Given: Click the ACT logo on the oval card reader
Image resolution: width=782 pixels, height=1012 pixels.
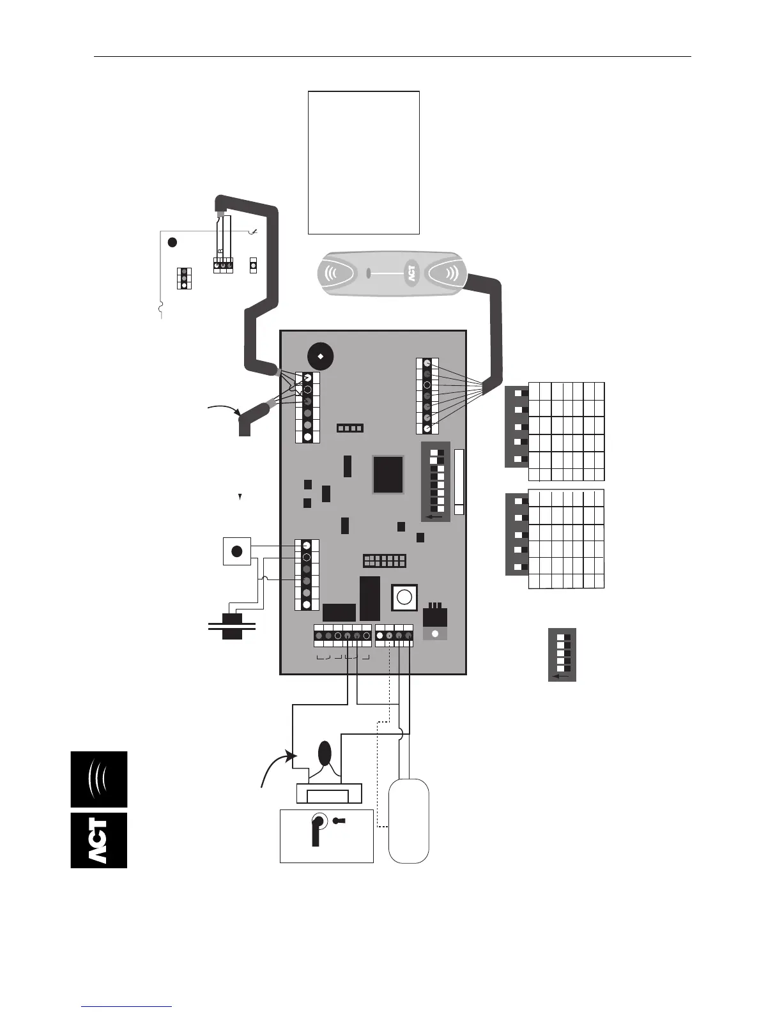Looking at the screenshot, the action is click(412, 274).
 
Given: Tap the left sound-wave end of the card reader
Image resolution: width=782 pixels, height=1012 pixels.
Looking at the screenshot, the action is click(334, 274).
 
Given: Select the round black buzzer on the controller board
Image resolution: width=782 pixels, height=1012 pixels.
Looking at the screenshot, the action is click(320, 356).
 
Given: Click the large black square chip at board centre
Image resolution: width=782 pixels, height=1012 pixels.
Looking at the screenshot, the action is click(388, 474).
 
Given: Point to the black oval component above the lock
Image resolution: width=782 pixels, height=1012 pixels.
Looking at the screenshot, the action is click(325, 753).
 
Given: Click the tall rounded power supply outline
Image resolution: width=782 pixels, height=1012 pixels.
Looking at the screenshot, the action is click(409, 820).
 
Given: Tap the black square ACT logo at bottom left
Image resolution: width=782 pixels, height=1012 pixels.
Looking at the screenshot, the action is click(99, 840).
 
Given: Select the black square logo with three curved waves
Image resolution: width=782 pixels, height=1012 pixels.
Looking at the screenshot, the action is click(99, 779).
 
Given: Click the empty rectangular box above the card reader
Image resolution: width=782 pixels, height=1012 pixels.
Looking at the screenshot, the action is click(364, 162).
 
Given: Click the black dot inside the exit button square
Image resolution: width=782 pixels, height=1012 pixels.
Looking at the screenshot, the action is click(236, 551).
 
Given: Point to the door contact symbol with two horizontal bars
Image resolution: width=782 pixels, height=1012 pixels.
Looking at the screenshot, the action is click(232, 626).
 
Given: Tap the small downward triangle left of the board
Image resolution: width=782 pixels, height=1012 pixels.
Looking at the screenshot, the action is click(240, 496).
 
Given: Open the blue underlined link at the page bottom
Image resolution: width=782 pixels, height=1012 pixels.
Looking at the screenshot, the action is click(127, 1006).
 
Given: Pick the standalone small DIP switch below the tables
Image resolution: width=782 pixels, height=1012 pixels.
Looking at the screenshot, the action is click(562, 654).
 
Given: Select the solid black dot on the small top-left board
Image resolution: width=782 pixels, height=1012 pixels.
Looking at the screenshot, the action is click(172, 242).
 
